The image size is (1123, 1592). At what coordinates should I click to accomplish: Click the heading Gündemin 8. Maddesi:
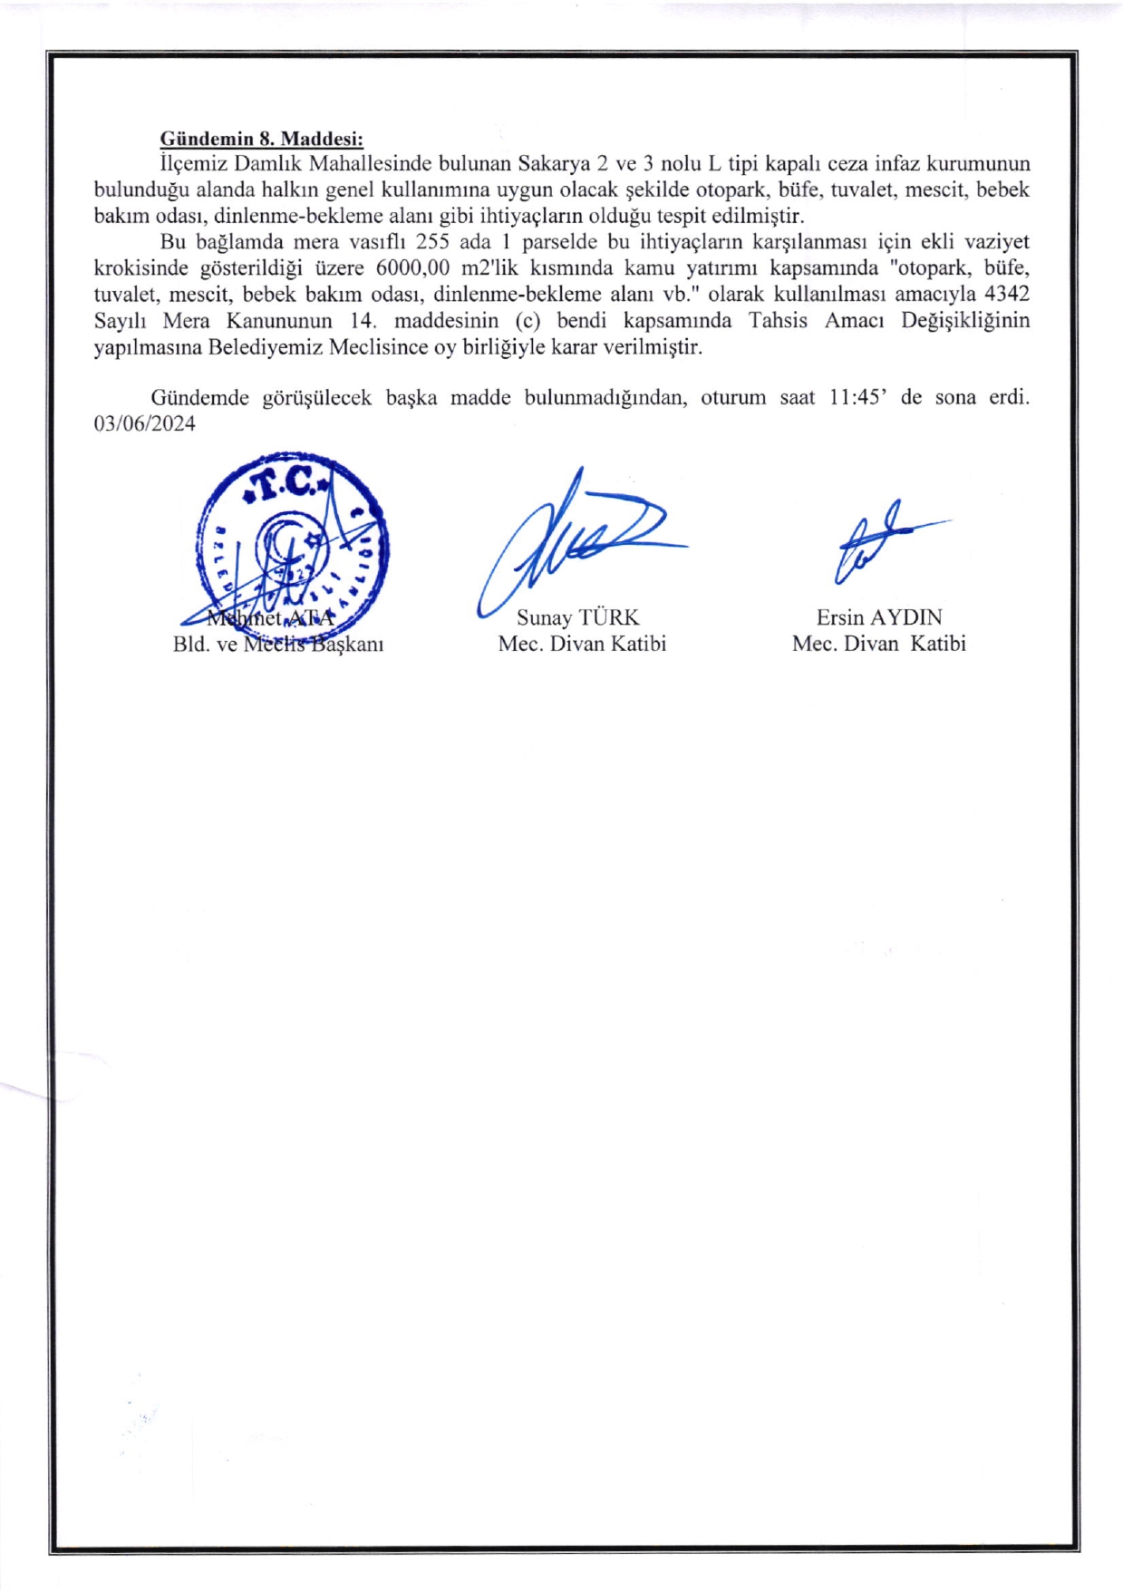[x=261, y=139]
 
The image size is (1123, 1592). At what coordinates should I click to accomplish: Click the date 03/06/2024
[x=144, y=423]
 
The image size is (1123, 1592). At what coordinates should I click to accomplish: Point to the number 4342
[x=1006, y=294]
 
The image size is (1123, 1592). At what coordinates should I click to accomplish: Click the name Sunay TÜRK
[x=577, y=617]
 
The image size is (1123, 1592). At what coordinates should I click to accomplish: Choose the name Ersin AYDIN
[x=878, y=617]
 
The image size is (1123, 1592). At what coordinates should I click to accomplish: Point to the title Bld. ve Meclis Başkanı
[x=277, y=644]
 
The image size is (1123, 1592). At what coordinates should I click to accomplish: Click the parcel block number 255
[x=432, y=242]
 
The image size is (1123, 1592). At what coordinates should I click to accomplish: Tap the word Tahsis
[x=777, y=320]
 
